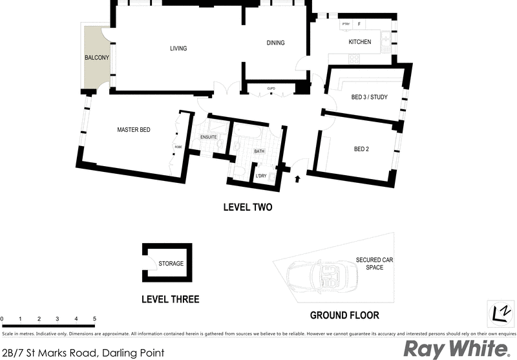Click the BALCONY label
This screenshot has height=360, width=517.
97,58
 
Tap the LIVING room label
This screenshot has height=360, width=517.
178,48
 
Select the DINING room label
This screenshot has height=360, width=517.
276,43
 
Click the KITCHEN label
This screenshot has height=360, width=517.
360,42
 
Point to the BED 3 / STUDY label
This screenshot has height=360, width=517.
369,98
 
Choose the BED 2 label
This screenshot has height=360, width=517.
361,149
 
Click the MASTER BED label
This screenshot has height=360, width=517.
134,130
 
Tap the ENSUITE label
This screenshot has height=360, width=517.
208,137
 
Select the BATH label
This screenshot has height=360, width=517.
259,151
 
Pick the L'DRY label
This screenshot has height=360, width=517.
262,176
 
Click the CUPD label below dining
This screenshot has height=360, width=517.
271,89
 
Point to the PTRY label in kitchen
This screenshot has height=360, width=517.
346,24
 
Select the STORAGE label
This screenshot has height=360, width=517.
171,264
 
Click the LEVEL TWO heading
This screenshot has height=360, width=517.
248,207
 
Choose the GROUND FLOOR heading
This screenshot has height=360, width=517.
344,315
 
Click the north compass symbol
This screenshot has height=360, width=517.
500,313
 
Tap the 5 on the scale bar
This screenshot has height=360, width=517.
94,319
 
